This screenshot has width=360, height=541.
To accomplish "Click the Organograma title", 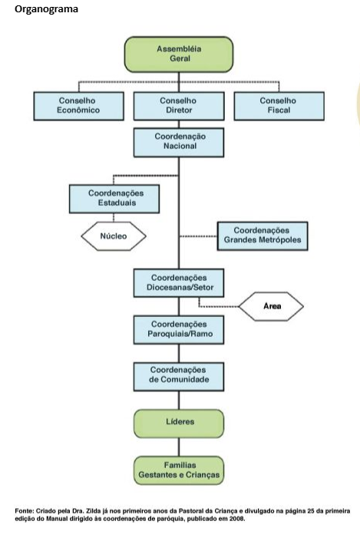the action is coord(46,9).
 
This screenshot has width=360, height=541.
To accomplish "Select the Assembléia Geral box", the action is coord(179,54).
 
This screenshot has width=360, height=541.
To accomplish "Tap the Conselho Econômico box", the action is coord(79,106).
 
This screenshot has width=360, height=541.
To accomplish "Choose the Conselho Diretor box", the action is coord(179,106).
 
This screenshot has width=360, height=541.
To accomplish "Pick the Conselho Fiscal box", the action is coord(279,106).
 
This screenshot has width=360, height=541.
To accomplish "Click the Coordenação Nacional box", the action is coord(179,143).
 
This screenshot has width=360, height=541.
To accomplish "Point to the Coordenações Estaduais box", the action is coord(114,199).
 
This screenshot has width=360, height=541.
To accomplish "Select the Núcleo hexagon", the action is coord(114,236).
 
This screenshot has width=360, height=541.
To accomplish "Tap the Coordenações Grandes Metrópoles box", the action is coord(263,236).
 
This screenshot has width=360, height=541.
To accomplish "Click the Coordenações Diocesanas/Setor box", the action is coord(179,283).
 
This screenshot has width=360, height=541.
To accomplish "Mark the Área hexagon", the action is coord(271,306).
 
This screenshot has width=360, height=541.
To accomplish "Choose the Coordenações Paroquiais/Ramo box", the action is coord(179,329).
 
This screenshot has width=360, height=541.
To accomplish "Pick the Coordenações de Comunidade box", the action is coord(179,377).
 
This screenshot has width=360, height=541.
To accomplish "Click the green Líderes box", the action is coord(179,424).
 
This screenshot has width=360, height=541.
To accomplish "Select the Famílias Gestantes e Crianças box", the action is coord(179,470).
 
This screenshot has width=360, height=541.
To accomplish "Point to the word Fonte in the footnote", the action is coord(24,511).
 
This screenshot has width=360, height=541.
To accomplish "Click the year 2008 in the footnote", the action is coord(237,519).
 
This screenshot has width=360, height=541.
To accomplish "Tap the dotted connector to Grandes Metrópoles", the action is coord(198,236).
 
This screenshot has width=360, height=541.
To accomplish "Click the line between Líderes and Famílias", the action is coord(179,447).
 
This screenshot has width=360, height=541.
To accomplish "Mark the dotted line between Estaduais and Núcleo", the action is coord(114,218).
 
